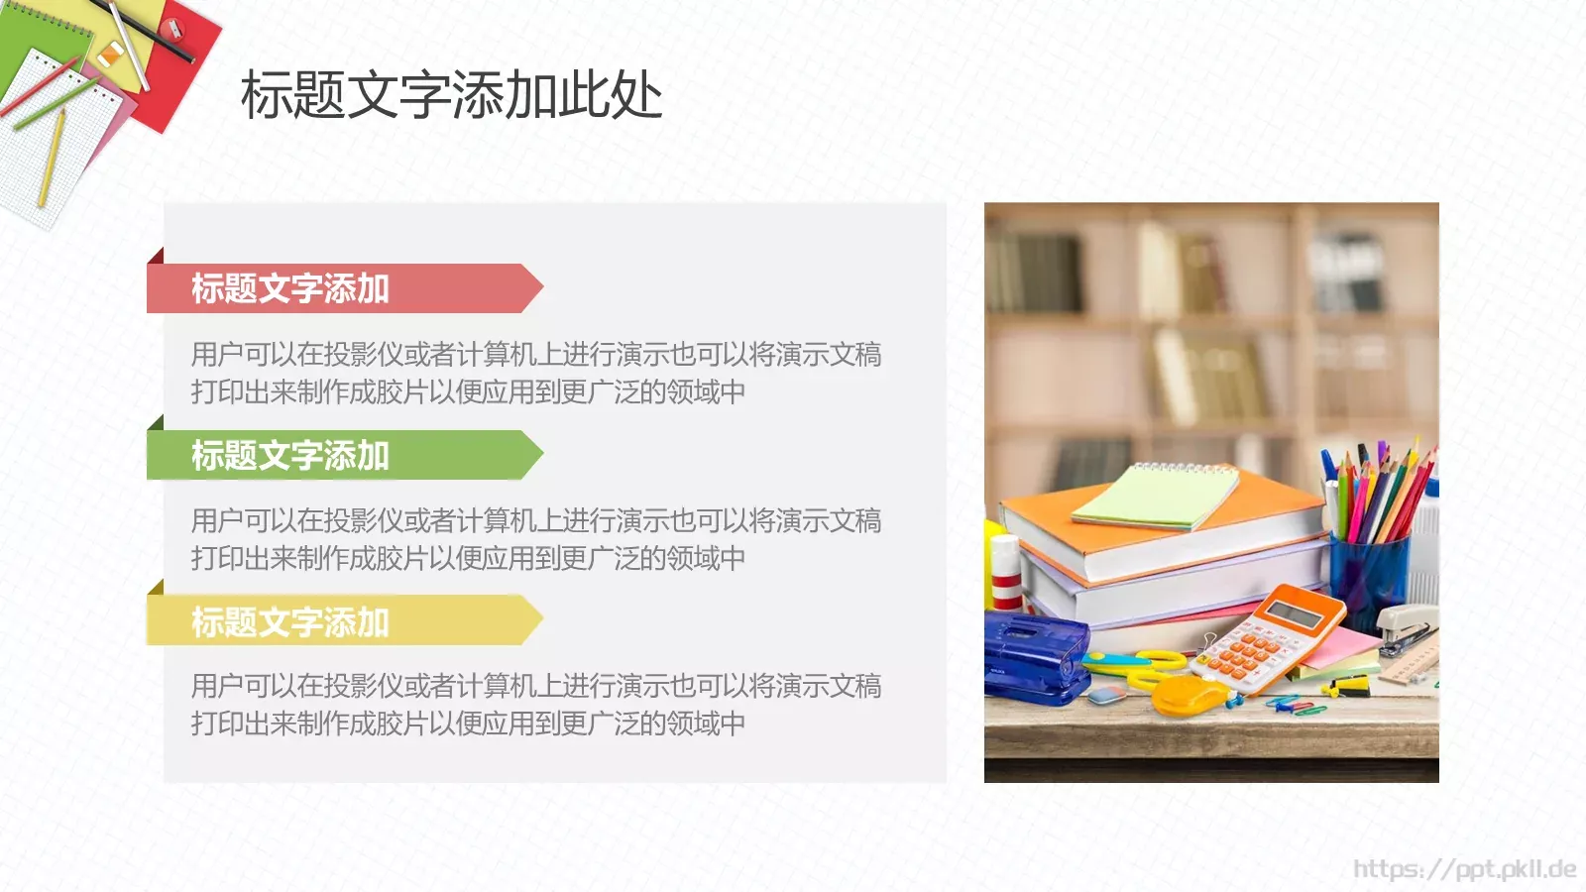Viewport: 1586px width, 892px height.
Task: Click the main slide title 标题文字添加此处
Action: [x=451, y=96]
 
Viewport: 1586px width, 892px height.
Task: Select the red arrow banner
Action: [x=337, y=288]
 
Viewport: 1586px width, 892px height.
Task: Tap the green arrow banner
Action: [x=337, y=456]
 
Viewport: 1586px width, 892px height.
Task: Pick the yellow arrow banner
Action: [x=337, y=621]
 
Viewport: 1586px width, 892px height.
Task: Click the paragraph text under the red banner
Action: [x=535, y=373]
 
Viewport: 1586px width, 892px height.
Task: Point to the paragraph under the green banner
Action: [x=535, y=539]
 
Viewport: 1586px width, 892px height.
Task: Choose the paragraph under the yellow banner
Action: [x=535, y=705]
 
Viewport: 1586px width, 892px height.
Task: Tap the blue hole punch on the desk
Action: [x=1031, y=654]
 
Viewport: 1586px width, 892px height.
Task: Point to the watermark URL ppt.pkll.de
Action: [x=1464, y=869]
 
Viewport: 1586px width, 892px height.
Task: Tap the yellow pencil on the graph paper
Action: [x=52, y=159]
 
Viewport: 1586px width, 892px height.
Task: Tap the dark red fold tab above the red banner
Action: [x=157, y=256]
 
